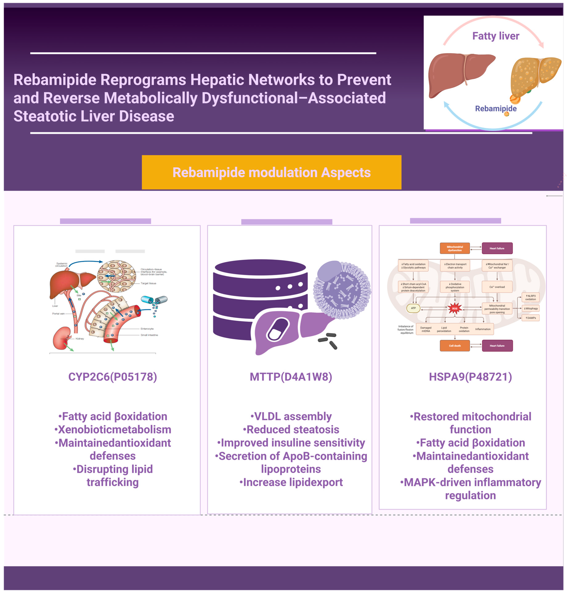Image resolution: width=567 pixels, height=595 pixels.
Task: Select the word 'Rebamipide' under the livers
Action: [496, 108]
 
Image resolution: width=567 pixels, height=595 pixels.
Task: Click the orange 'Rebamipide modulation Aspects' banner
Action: [271, 172]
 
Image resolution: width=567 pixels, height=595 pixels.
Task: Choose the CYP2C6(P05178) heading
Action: [113, 377]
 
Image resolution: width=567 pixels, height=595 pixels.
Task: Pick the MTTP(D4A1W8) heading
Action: [291, 377]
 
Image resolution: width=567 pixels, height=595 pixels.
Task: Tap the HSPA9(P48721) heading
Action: [470, 377]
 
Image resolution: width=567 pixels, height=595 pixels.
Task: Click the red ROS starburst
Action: [454, 308]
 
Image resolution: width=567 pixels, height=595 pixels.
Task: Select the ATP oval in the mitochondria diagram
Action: [413, 308]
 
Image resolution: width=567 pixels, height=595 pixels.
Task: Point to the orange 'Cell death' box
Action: [454, 345]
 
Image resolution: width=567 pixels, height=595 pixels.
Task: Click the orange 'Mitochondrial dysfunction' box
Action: [454, 248]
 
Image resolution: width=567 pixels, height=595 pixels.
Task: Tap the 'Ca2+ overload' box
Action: [497, 287]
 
